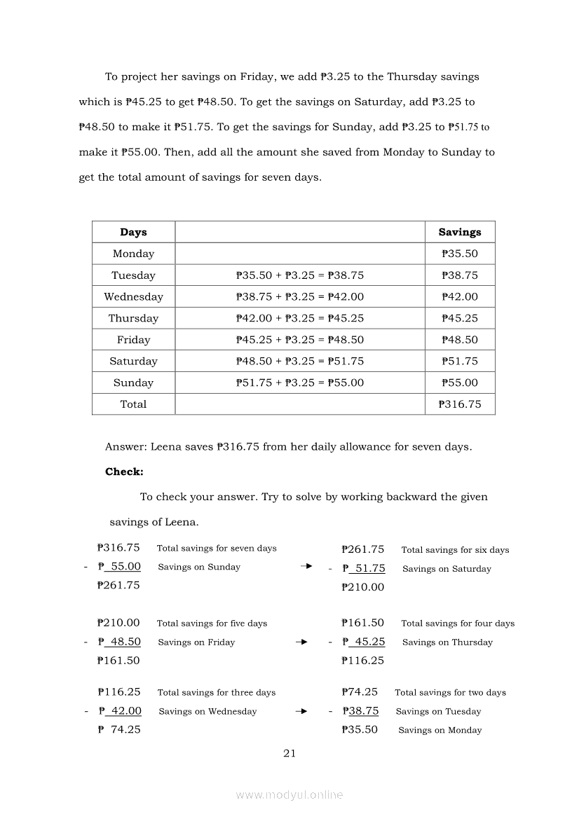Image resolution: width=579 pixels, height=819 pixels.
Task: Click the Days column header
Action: pyautogui.click(x=133, y=233)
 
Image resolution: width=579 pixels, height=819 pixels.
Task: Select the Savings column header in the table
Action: pyautogui.click(x=460, y=233)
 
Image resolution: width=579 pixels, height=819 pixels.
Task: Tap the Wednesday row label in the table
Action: pyautogui.click(x=133, y=297)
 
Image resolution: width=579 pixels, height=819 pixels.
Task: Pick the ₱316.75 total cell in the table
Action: pyautogui.click(x=460, y=404)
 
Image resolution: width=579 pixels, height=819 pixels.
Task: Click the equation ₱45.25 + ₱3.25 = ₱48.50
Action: pyautogui.click(x=300, y=340)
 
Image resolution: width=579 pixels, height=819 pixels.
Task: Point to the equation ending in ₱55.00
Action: pyautogui.click(x=300, y=383)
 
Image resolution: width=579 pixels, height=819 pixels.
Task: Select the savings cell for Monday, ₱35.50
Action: pyautogui.click(x=460, y=254)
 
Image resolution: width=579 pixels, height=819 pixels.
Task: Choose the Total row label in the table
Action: pyautogui.click(x=133, y=404)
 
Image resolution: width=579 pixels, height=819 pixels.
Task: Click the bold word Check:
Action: pyautogui.click(x=124, y=472)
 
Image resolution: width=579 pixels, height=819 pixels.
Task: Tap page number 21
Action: pyautogui.click(x=289, y=754)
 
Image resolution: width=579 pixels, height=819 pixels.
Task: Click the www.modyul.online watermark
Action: pyautogui.click(x=289, y=795)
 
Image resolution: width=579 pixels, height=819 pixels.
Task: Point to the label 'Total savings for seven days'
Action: pyautogui.click(x=217, y=549)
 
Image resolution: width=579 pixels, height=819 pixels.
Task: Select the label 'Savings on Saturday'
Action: pyautogui.click(x=447, y=569)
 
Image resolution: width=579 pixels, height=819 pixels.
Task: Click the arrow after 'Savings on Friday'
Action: pyautogui.click(x=301, y=642)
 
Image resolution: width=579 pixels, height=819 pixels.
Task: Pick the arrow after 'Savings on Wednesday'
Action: pyautogui.click(x=301, y=711)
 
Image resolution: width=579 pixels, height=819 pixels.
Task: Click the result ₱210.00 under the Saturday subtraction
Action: pyautogui.click(x=363, y=588)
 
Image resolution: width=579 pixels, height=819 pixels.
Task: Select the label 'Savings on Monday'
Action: pyautogui.click(x=440, y=730)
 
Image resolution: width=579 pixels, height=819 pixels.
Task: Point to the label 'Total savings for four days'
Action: pyautogui.click(x=458, y=624)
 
